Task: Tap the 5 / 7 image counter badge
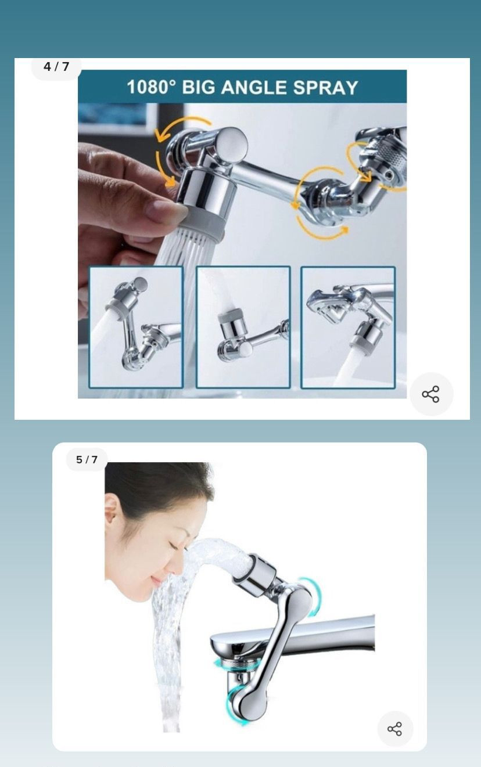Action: point(87,459)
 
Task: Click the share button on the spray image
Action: point(431,394)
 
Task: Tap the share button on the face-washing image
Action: point(394,729)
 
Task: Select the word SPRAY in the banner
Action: point(325,87)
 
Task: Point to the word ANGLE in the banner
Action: point(253,87)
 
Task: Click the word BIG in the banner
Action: point(199,87)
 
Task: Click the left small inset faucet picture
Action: point(136,327)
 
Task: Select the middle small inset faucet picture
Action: point(243,327)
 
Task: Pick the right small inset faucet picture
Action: point(348,327)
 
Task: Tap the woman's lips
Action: point(156,579)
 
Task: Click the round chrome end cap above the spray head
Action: point(232,143)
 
